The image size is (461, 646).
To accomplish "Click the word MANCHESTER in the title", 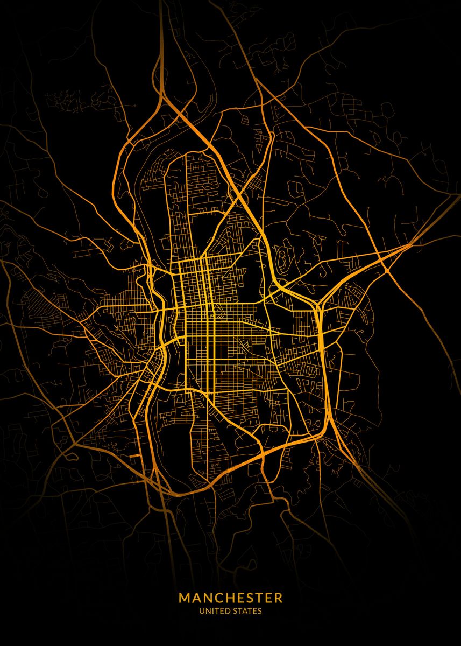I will point(230,598).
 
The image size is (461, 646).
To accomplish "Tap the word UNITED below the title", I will point(212,611).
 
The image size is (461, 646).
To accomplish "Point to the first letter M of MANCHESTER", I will point(184,598).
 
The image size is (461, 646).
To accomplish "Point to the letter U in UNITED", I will point(201,611).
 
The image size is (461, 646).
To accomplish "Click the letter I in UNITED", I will point(211,611).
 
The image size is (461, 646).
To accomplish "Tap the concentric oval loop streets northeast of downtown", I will point(282,257).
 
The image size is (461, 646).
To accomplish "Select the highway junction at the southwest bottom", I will point(157,474).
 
